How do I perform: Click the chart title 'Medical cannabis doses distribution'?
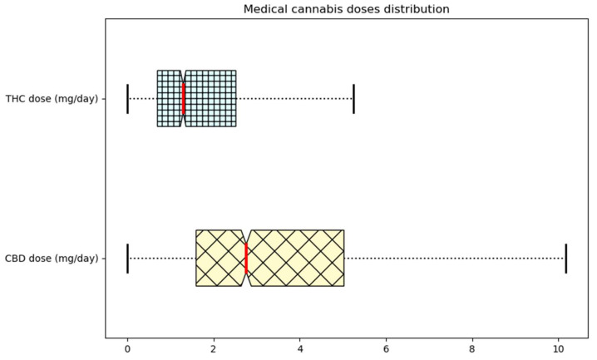click(x=346, y=9)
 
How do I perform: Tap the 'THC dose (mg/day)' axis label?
click(x=51, y=99)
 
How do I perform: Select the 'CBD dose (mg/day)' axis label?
click(x=51, y=258)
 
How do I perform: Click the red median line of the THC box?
click(x=184, y=98)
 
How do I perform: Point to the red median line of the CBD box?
click(x=246, y=258)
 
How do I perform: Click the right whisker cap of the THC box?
click(x=353, y=98)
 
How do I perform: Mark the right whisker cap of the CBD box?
click(x=565, y=258)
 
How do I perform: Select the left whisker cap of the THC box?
click(x=127, y=98)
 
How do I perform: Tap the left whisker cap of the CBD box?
click(x=127, y=258)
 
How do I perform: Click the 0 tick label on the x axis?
click(x=127, y=350)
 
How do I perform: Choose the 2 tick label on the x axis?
click(x=214, y=350)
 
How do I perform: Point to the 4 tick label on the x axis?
click(x=300, y=350)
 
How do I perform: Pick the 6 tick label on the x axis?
click(x=386, y=350)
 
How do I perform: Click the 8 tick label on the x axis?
click(x=472, y=350)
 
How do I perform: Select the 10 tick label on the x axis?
click(x=559, y=350)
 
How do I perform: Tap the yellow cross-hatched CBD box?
click(x=295, y=258)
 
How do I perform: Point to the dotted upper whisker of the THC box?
click(x=294, y=98)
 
